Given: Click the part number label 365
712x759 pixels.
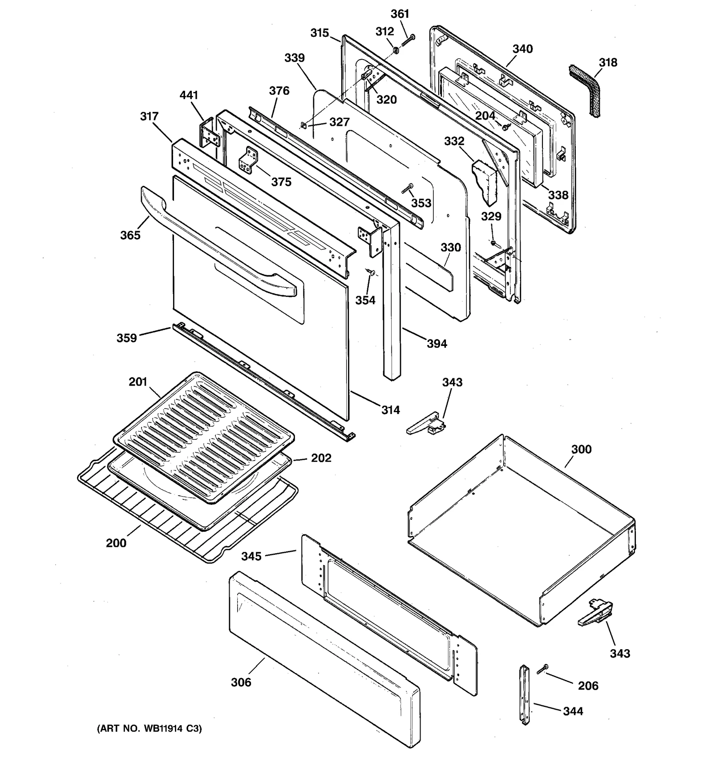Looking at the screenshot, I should (x=130, y=235).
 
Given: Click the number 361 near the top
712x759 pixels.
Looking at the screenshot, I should (x=400, y=14).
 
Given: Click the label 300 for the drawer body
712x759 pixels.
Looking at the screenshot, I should (x=581, y=449).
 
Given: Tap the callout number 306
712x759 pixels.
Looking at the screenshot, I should (x=241, y=682).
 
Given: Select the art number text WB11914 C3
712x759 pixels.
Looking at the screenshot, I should (x=150, y=729).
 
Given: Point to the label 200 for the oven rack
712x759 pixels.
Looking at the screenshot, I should (x=116, y=543).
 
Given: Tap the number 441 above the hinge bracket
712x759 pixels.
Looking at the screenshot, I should (x=189, y=95).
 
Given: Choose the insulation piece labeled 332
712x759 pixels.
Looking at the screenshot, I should (x=485, y=180).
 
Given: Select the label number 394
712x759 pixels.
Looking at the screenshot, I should (x=437, y=343).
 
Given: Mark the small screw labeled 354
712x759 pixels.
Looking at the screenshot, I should (x=370, y=272).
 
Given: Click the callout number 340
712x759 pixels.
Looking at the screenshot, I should (x=522, y=49).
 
